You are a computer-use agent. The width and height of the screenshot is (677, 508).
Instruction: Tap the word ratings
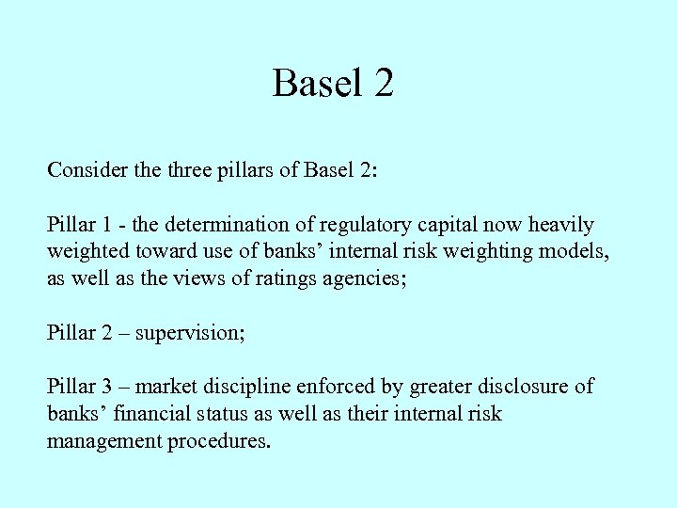point(290,279)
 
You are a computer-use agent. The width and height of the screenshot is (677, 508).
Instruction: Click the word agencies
point(367,279)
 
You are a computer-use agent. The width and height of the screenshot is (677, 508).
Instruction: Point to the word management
point(103,441)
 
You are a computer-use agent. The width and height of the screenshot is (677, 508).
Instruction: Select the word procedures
point(218,441)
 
